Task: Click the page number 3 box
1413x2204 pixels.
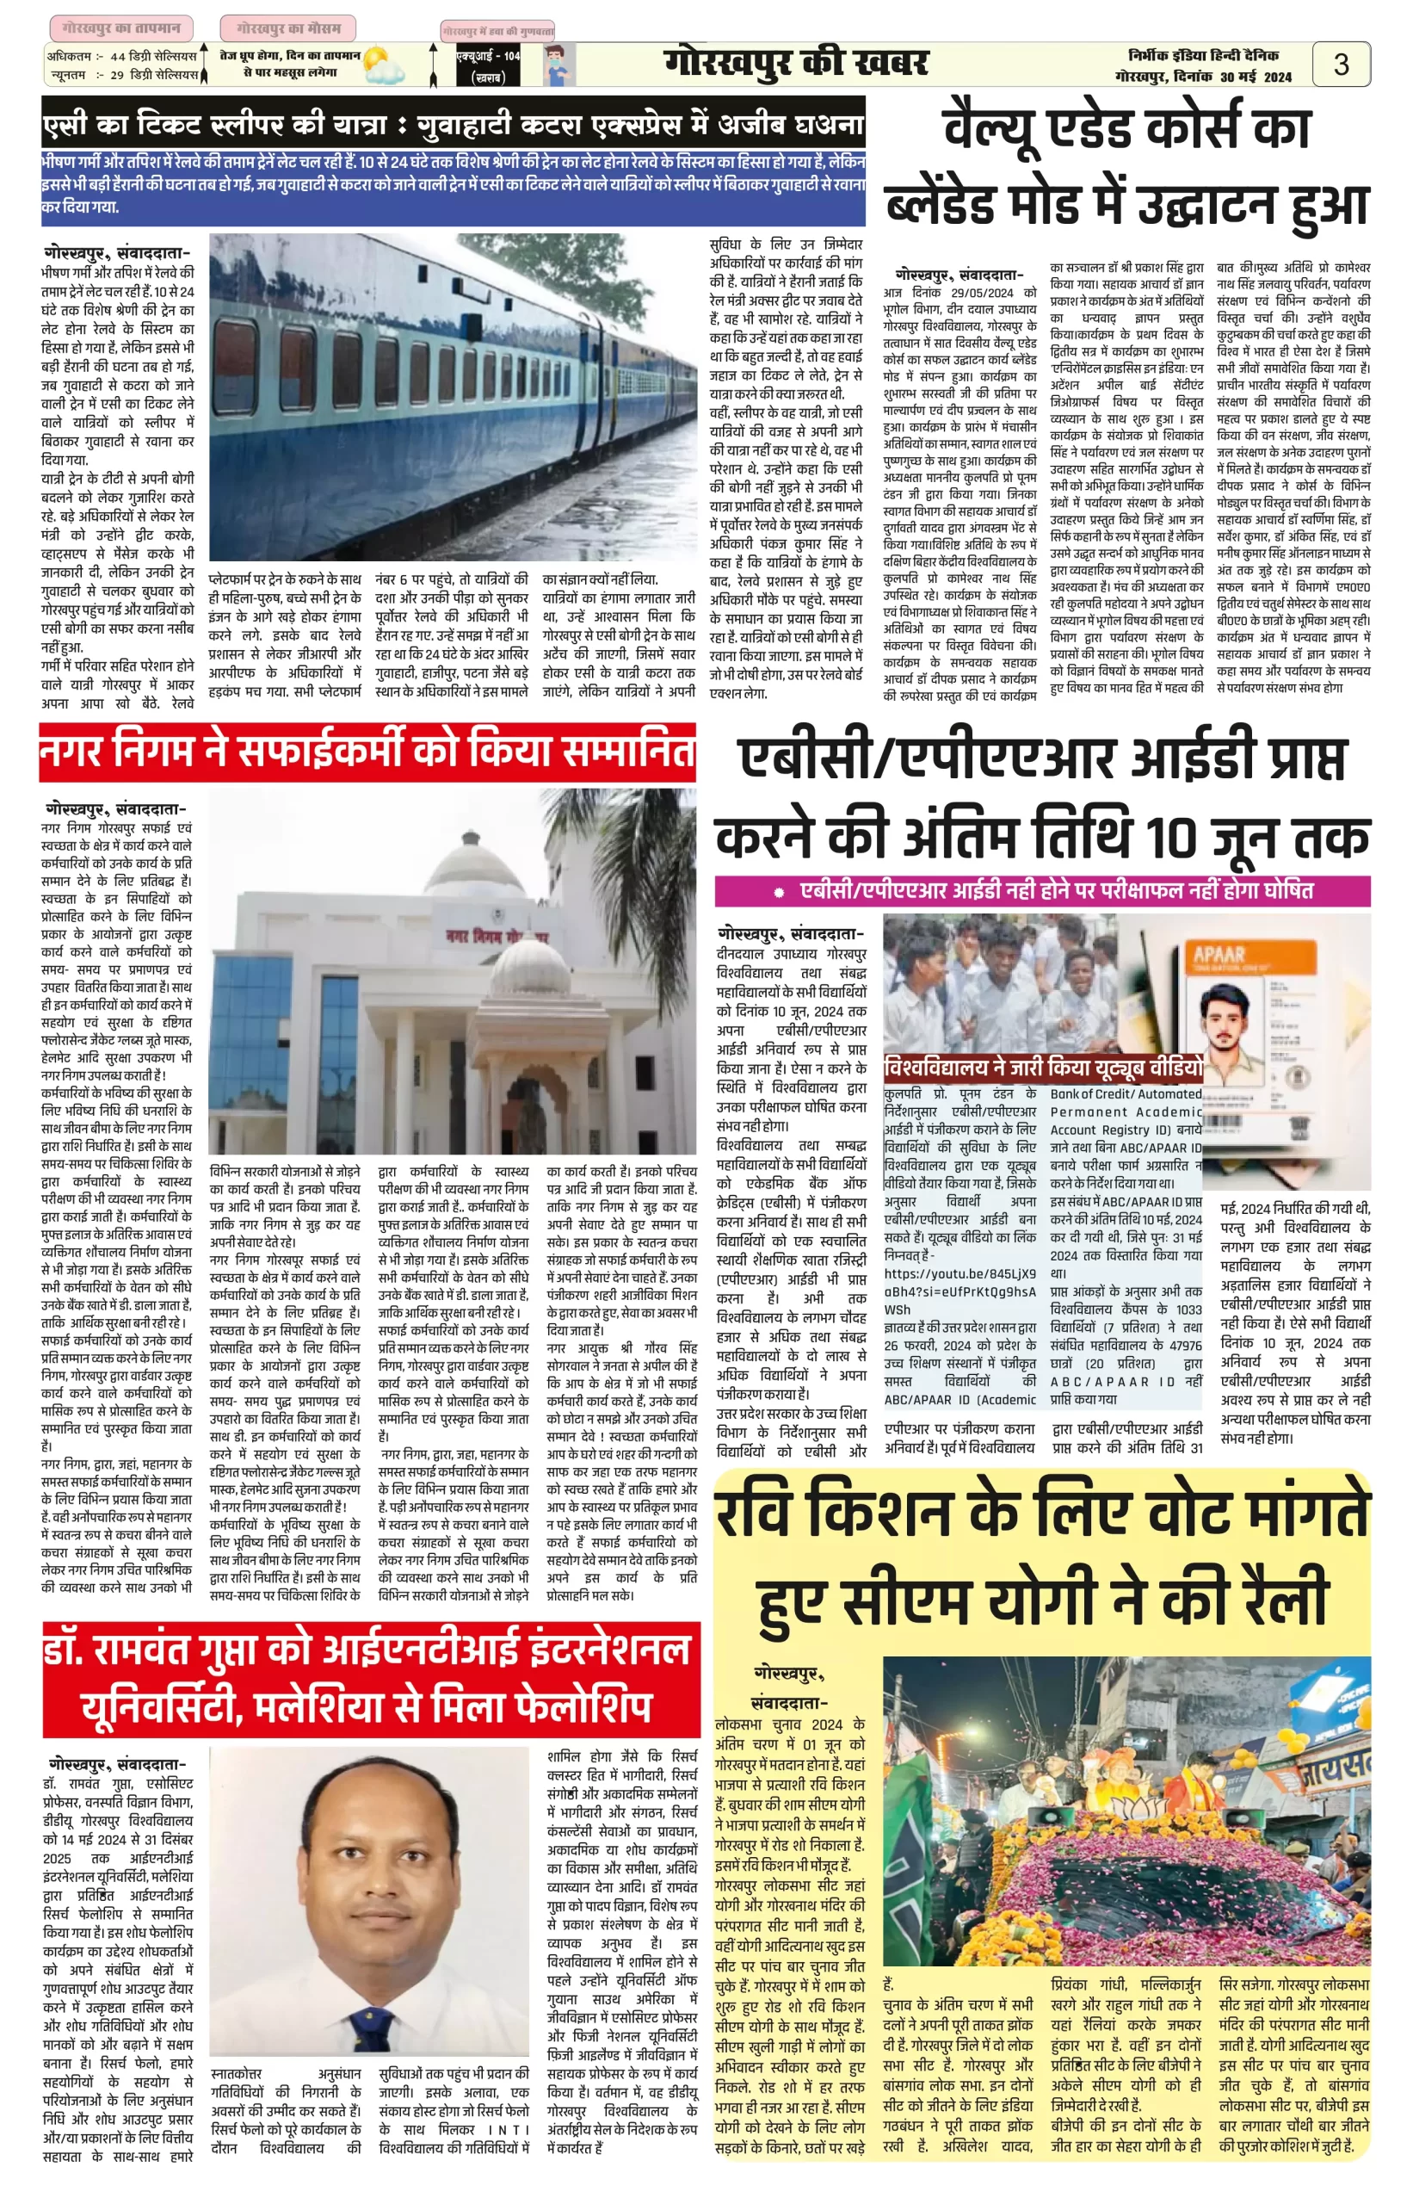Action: point(1341,65)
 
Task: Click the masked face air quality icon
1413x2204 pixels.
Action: point(554,65)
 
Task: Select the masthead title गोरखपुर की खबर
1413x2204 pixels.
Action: point(795,64)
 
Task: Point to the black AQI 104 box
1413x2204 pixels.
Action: point(488,66)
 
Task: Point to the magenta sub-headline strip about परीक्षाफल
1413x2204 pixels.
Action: point(1042,890)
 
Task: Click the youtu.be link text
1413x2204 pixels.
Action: point(959,1273)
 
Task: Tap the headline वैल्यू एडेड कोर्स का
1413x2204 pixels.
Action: point(1126,128)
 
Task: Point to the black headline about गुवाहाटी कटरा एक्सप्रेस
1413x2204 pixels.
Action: point(454,122)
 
